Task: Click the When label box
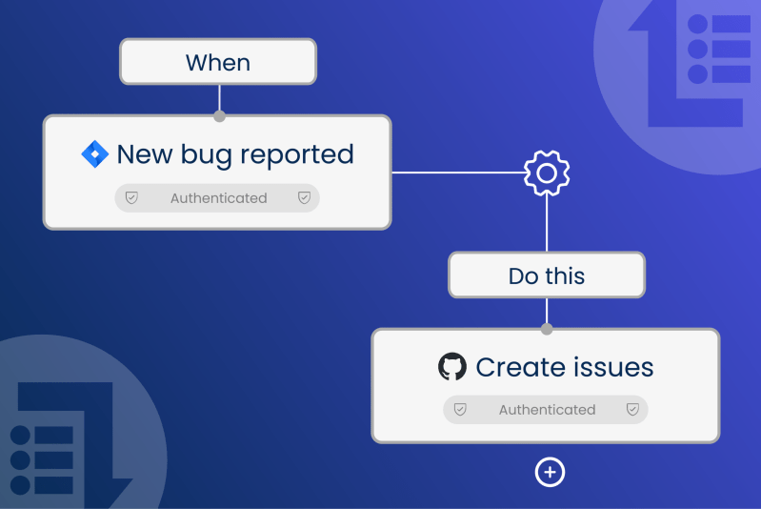click(217, 63)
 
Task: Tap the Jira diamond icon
click(95, 154)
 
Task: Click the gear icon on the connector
click(547, 173)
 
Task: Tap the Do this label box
click(547, 276)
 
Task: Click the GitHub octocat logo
click(452, 367)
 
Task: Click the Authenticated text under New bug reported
click(218, 198)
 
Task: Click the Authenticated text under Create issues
click(547, 410)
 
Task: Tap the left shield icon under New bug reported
click(132, 198)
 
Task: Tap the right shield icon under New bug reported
click(305, 198)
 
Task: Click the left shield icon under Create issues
click(460, 410)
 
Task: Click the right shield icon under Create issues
click(632, 410)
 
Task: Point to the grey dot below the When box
click(219, 116)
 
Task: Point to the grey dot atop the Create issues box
click(547, 330)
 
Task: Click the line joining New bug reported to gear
click(457, 173)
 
